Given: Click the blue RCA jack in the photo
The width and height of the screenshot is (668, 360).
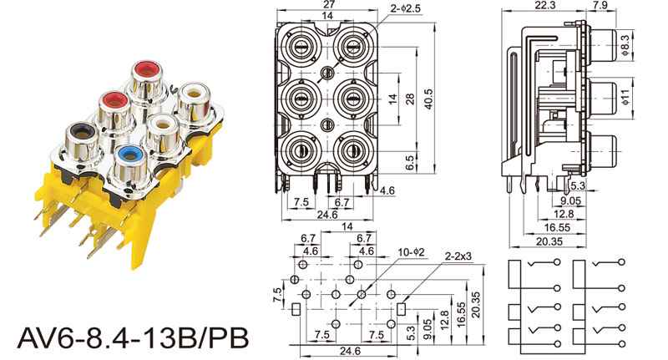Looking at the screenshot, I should pyautogui.click(x=128, y=155).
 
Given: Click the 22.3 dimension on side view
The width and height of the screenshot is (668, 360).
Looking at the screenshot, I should pyautogui.click(x=547, y=6).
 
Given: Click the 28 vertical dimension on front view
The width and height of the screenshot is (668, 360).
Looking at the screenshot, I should pyautogui.click(x=409, y=99).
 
